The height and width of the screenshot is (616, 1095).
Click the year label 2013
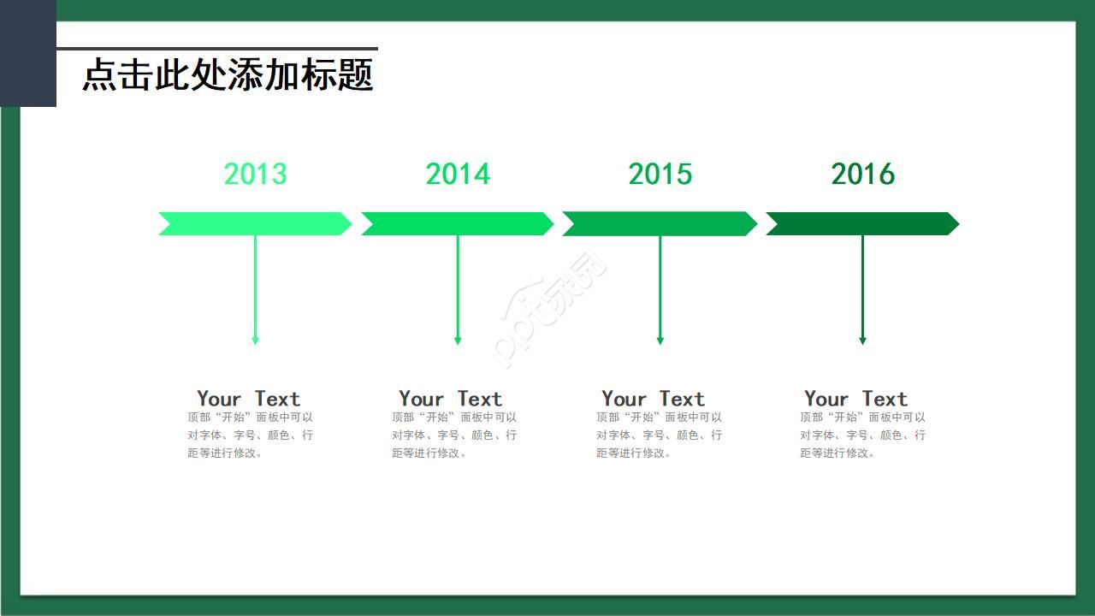point(255,174)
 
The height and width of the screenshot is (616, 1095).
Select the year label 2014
point(458,174)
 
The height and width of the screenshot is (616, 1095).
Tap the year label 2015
point(660,174)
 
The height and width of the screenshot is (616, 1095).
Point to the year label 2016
point(863,174)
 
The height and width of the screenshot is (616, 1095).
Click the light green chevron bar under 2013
point(255,224)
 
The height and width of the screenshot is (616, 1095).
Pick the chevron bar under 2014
point(458,224)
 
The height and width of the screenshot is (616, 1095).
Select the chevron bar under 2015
point(660,224)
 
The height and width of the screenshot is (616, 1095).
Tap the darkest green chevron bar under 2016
point(863,224)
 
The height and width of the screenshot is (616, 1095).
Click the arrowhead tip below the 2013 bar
point(255,345)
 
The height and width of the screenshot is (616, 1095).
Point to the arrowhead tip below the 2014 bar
point(458,345)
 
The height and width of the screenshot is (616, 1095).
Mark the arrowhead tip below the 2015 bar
point(660,345)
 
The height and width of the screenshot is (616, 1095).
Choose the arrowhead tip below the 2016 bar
point(863,345)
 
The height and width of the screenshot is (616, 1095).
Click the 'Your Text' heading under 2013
point(248,399)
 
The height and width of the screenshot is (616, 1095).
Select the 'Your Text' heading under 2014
point(450,399)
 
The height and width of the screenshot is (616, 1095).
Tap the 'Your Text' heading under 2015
point(653,399)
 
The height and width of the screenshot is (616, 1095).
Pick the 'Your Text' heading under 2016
point(856,399)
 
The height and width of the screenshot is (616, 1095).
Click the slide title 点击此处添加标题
point(228,74)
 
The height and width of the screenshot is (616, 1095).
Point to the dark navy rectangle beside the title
point(28,53)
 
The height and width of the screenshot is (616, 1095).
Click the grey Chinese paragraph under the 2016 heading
point(863,435)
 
